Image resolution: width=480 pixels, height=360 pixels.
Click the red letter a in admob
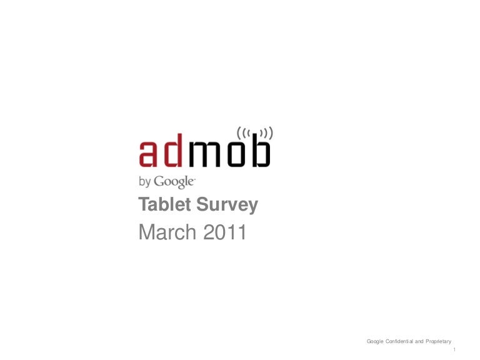148,154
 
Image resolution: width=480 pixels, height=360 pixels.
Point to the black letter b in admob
261,150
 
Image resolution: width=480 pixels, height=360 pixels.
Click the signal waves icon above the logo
255,133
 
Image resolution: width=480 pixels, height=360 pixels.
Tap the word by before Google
145,181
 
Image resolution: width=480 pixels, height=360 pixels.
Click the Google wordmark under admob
174,182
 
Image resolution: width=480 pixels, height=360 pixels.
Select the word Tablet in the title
165,204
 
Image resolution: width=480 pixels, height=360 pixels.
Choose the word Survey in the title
227,205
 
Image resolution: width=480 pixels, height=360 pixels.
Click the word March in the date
167,232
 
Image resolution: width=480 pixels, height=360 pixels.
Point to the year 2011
225,232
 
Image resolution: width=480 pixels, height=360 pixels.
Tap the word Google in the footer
375,342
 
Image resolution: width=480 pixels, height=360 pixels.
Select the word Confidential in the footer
399,341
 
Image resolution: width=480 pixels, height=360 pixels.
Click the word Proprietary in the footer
438,342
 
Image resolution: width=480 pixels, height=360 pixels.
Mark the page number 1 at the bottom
454,349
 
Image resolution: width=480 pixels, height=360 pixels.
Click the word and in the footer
419,341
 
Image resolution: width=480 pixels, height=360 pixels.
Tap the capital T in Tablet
144,204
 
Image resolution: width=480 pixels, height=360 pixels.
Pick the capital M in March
146,232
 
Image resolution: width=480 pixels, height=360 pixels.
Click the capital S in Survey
202,204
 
